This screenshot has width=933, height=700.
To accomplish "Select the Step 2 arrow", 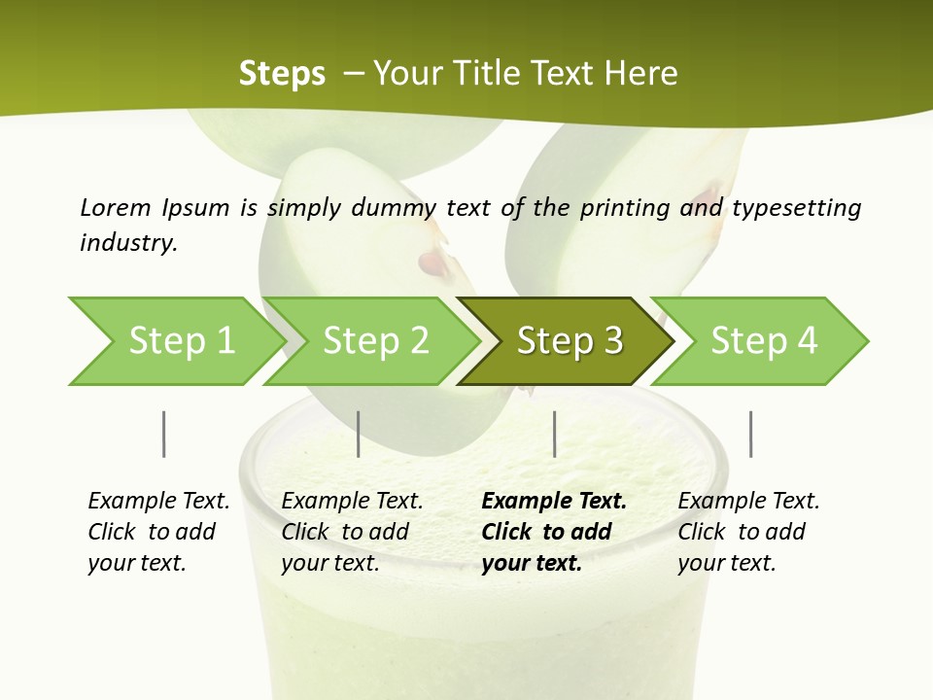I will point(374,341).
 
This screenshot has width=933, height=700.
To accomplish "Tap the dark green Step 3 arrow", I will point(569,341).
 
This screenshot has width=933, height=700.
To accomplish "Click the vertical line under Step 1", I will point(163,434).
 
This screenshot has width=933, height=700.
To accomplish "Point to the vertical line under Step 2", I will point(359,434).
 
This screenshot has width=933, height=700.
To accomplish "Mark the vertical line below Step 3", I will point(554,434).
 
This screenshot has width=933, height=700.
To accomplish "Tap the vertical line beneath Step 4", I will point(750,434).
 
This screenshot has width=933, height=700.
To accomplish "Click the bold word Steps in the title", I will point(282,74).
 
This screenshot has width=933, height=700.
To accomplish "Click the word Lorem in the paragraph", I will point(116,207).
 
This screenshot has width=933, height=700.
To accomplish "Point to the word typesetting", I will point(796,207).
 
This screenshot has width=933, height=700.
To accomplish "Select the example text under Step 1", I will point(158,532).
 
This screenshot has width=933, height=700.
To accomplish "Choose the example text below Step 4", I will point(747,532).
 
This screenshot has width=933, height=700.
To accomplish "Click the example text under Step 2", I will point(352,532).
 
